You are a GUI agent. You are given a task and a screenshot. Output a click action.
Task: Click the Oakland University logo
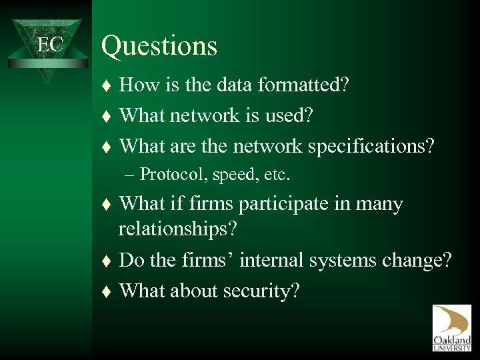click(x=451, y=327)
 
